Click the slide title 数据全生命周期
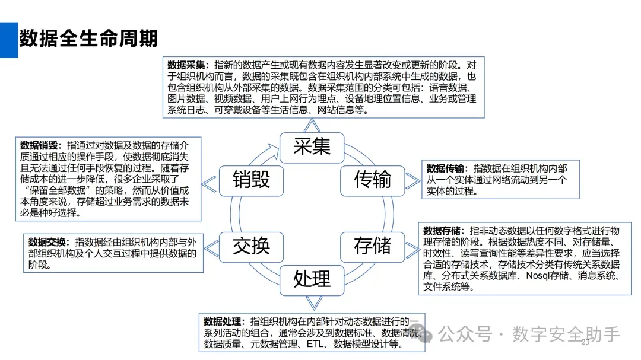88,39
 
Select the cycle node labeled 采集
312,145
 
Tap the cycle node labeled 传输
372,179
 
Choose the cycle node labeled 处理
312,278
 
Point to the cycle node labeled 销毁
251,179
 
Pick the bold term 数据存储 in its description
443,230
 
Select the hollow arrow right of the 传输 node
412,180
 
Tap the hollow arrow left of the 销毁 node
209,184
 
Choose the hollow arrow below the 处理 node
312,301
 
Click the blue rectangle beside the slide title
9,40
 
